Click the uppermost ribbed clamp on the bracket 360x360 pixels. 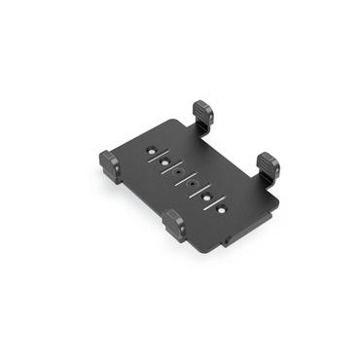point(203,112)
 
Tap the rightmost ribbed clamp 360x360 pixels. point(268,164)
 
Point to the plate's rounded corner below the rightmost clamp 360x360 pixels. point(275,205)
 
